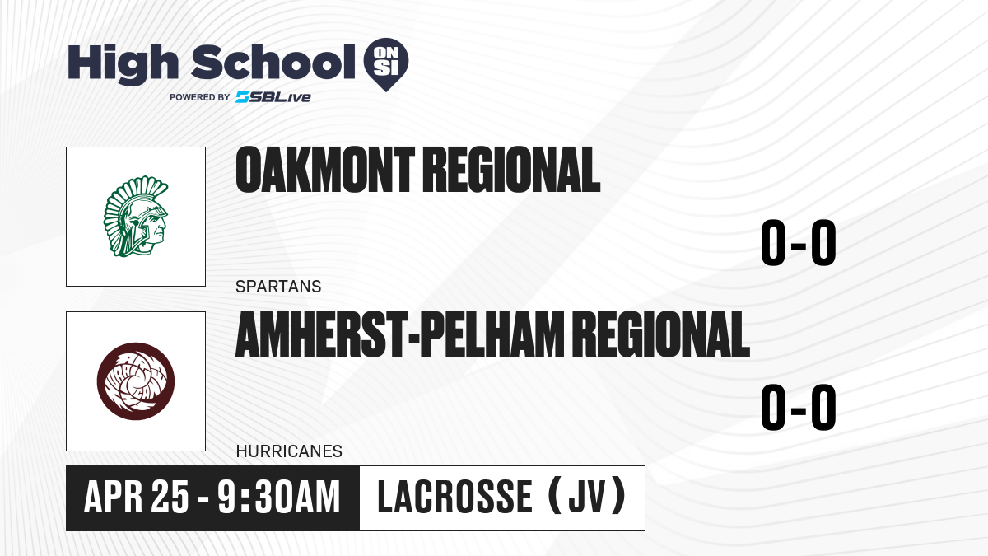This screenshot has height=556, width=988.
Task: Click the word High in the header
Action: point(123,64)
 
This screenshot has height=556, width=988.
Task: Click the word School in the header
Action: point(273,62)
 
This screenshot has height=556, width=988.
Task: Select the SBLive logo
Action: point(273,97)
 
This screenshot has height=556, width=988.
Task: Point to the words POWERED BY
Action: point(200,97)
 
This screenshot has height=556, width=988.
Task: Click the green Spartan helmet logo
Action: point(136,217)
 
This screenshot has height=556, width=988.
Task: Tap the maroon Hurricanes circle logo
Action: point(136,381)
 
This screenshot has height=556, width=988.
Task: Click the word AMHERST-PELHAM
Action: point(399,334)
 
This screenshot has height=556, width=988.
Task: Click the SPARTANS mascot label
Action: point(278,287)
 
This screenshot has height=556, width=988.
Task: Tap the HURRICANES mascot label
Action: point(289,451)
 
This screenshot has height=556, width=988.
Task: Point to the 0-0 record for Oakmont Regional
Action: point(799,242)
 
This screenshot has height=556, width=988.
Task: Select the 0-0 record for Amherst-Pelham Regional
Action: point(799,407)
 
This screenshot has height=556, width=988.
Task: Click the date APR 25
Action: point(137,498)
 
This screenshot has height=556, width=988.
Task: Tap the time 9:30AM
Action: point(279,498)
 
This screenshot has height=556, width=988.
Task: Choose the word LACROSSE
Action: point(455,498)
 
